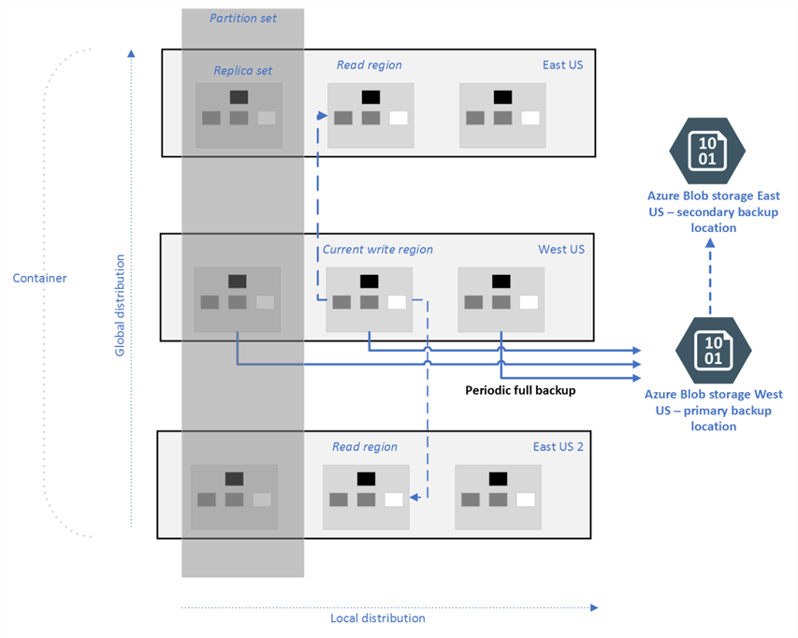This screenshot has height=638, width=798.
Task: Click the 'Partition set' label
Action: [x=242, y=18]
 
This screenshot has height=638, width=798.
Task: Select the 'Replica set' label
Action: [x=242, y=70]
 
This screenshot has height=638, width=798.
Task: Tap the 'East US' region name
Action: [x=564, y=65]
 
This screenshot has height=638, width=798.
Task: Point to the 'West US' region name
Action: [x=560, y=249]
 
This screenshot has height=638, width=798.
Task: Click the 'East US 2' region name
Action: [x=558, y=446]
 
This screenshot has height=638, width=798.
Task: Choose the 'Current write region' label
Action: [x=378, y=250]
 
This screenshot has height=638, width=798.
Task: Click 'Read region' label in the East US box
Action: [x=369, y=65]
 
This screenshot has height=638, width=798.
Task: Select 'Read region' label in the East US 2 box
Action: [x=365, y=446]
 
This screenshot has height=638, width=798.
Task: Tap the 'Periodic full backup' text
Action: [x=519, y=390]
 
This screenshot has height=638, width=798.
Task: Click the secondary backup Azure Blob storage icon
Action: [x=707, y=150]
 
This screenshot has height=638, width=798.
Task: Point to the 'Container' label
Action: [x=39, y=278]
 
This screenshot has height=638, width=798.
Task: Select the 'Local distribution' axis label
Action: [x=377, y=617]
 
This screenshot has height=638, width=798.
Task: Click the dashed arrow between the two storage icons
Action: [x=710, y=277]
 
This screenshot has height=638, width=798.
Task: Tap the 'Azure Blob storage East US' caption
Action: [x=713, y=211]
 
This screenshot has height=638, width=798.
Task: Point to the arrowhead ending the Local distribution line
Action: [x=594, y=607]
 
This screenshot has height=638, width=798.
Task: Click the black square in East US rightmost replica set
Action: [x=502, y=96]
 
